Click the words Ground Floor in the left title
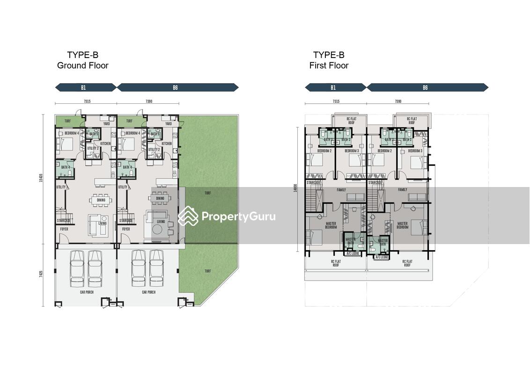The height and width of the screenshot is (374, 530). tap(82, 65)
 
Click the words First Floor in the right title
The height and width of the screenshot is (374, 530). tap(329, 65)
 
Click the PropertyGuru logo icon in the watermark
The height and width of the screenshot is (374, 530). tap(188, 216)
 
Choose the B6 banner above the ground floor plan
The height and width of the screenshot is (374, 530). tap(177, 87)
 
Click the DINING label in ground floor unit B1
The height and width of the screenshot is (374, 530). tap(101, 200)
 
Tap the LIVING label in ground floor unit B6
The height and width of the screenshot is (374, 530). tap(161, 222)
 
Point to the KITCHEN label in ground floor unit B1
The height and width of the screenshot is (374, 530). tap(105, 144)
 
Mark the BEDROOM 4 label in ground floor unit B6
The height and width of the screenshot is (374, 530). tap(130, 133)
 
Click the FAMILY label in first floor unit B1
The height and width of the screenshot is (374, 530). tap(341, 190)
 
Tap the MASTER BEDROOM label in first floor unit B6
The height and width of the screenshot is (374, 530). tap(403, 225)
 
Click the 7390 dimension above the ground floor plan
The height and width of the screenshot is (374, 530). tap(148, 101)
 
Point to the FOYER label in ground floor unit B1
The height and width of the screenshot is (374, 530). tap(64, 230)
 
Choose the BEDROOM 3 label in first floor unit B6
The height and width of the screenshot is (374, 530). tap(415, 151)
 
